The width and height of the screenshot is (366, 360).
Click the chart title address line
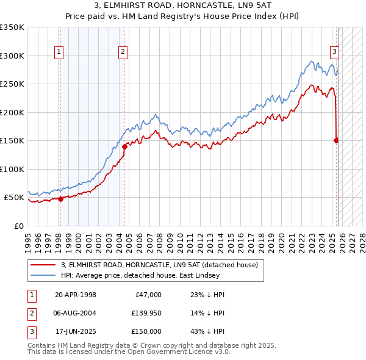click(183, 6)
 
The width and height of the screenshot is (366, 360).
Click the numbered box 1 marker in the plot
click(59, 52)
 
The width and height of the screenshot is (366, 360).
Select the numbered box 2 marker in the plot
click(123, 52)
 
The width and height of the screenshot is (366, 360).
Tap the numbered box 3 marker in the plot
click(335, 52)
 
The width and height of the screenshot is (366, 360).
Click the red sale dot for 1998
click(60, 199)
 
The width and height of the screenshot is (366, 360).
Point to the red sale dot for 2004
click(124, 146)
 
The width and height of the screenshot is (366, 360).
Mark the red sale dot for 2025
click(336, 140)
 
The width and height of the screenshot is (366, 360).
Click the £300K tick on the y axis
click(13, 56)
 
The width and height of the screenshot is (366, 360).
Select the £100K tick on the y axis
click(13, 169)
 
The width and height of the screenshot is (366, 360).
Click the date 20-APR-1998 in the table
click(75, 295)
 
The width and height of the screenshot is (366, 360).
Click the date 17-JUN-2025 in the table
click(75, 331)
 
